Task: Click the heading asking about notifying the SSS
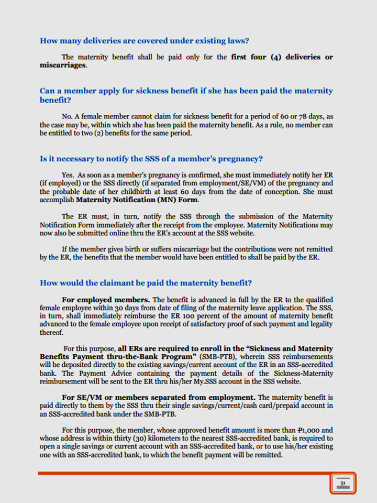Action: tap(151, 158)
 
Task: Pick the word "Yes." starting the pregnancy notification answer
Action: tap(68, 174)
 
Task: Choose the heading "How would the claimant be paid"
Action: tap(146, 283)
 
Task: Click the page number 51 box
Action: tap(342, 483)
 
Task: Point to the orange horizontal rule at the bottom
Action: tap(183, 473)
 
